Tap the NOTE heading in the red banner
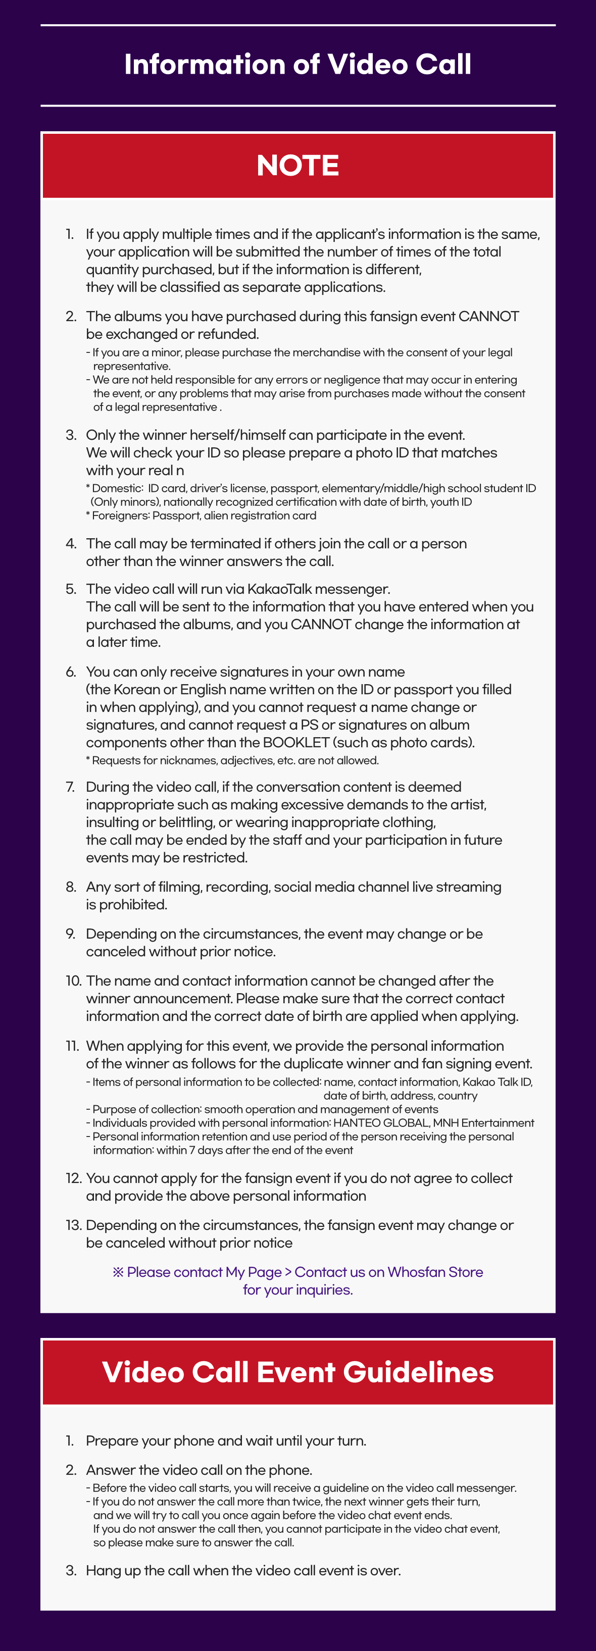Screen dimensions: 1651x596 [297, 166]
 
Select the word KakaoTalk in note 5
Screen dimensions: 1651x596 [279, 589]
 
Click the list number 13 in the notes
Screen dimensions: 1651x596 [73, 1225]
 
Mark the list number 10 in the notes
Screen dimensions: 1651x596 [73, 981]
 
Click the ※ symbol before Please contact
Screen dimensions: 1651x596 [118, 1272]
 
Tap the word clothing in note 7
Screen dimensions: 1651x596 [408, 823]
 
